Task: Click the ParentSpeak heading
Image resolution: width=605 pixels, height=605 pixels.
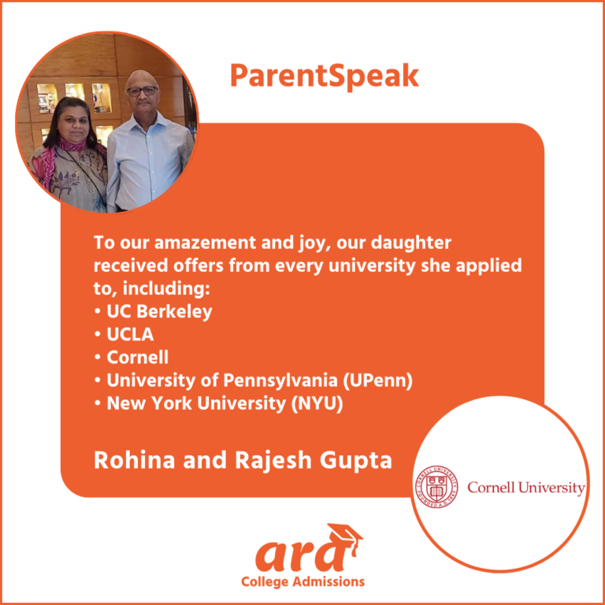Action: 324,76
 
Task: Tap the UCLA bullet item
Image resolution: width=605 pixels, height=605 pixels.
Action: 130,334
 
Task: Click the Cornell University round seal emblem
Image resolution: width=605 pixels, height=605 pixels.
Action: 436,488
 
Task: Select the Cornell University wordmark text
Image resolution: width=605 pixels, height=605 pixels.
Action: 525,488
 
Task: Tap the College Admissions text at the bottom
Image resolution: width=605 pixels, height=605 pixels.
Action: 302,582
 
